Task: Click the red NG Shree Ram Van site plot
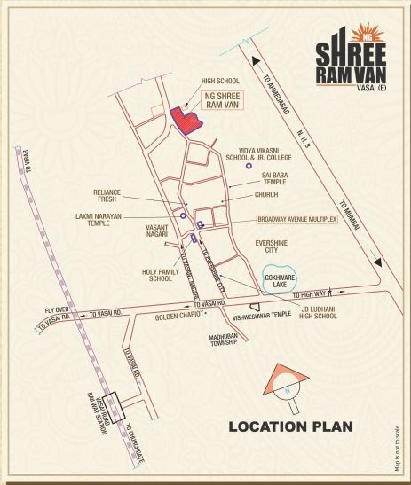coord(185,120)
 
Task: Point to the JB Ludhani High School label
coord(317,312)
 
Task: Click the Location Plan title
coord(290,427)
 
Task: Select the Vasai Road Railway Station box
coord(114,408)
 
